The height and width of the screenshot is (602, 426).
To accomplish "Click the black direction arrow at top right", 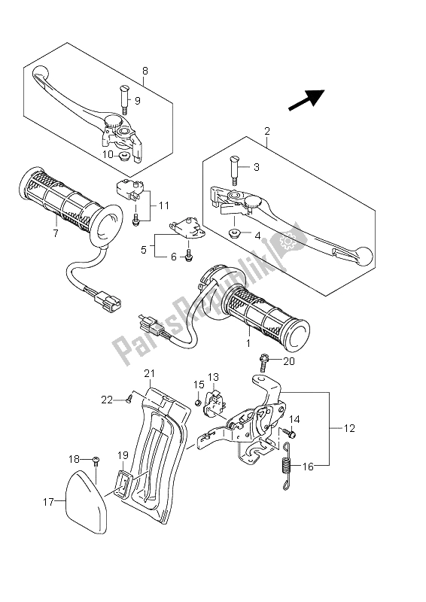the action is pos(307,100).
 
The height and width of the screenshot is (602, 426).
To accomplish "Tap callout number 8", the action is pos(145,71).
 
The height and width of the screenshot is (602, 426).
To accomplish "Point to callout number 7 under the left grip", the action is pos(55,233).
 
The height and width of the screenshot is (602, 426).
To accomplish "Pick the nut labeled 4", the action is pos(233,233).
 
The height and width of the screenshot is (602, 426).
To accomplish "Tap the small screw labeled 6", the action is pos(188,258).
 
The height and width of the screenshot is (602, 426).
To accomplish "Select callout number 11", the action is pos(164,205).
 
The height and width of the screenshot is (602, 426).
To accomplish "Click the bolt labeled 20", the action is pos(263,363).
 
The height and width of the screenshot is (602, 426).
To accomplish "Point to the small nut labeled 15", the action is pos(198,403).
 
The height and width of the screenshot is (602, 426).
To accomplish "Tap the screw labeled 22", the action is pos(129,401).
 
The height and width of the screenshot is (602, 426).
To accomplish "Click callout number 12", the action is pos(349,427).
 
